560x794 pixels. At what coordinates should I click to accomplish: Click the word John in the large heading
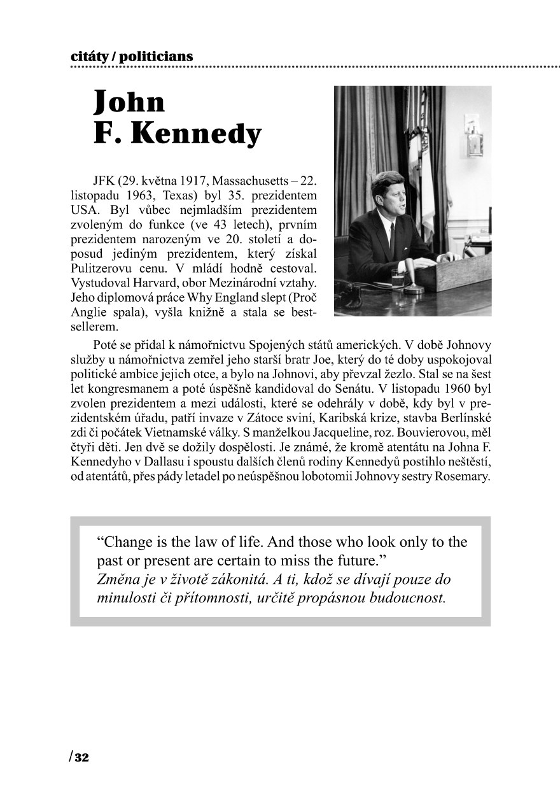129,102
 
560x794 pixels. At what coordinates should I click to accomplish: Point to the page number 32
82,758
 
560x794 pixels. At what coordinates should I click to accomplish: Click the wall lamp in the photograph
474,134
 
